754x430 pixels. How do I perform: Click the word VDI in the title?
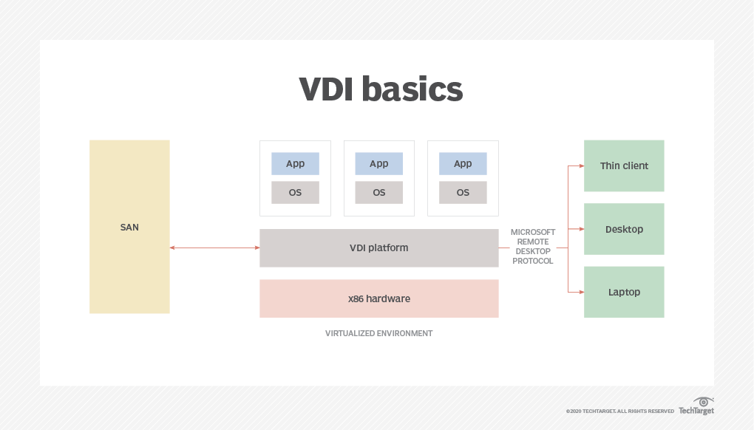tap(328, 89)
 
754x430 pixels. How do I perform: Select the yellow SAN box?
tap(129, 227)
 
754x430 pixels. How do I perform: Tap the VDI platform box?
tap(378, 248)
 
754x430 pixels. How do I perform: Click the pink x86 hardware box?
tap(378, 298)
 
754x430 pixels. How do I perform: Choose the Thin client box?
tap(624, 165)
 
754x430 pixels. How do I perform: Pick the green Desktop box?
tap(624, 229)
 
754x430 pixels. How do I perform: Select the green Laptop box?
tap(624, 292)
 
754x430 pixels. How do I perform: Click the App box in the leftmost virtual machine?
tap(295, 164)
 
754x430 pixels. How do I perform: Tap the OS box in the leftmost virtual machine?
tap(295, 192)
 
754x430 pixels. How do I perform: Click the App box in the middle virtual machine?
tap(378, 164)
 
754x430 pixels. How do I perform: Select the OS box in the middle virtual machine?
tap(378, 192)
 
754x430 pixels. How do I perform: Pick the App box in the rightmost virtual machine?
tap(463, 164)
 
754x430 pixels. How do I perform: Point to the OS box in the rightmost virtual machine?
tap(463, 192)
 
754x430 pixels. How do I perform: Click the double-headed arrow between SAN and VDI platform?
tap(214, 248)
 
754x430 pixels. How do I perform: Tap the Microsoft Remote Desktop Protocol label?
tap(533, 247)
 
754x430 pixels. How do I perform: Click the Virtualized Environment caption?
tap(378, 333)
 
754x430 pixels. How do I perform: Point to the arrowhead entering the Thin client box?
tap(580, 166)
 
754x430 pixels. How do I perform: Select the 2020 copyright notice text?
tap(619, 411)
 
